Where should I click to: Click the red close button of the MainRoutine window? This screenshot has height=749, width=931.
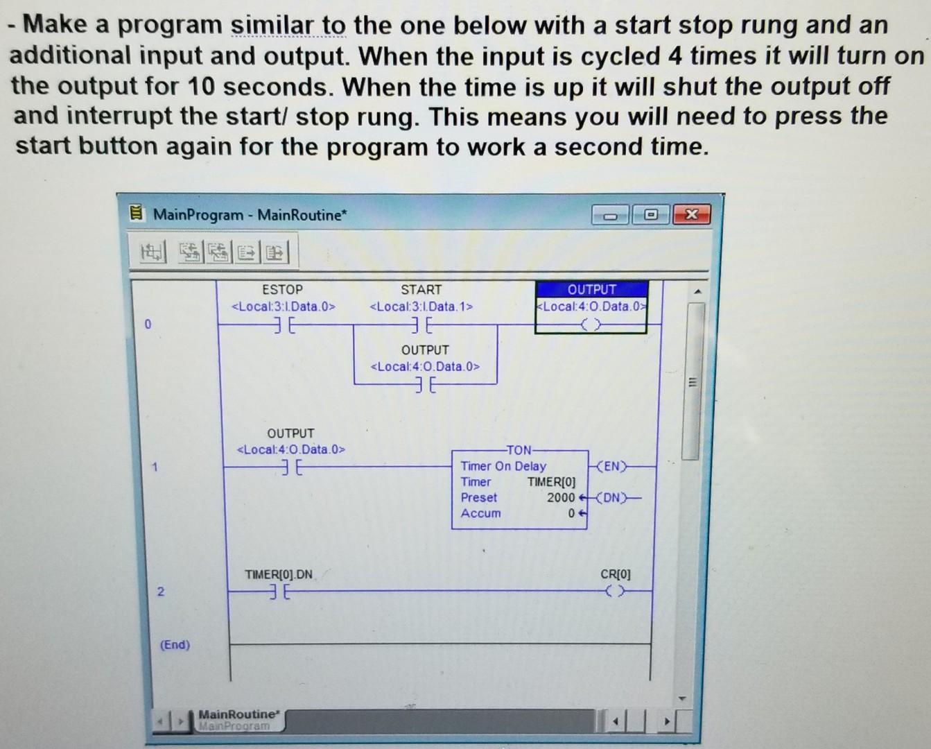pos(691,215)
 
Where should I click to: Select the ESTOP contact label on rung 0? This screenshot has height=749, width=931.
pos(282,290)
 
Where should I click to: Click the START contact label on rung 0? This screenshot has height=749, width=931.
pos(421,290)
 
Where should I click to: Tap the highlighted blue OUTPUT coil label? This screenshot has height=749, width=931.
pos(591,290)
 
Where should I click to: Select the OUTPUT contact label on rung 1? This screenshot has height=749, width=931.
pos(290,433)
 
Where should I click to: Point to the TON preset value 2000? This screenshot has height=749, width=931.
pos(560,497)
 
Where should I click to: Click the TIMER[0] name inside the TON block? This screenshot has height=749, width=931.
pos(551,482)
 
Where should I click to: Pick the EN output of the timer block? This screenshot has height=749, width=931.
pos(611,466)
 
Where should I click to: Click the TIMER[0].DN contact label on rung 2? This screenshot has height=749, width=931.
pos(279,574)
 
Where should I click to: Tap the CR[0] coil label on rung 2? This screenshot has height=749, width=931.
pos(615,574)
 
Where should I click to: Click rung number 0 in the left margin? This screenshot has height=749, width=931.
pos(147,324)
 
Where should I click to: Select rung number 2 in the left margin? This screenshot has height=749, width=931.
pos(160,592)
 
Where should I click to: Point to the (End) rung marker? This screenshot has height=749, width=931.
pos(175,645)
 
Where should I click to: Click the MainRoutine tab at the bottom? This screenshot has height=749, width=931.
pos(238,714)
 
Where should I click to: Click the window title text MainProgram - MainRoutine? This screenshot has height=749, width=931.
pos(248,215)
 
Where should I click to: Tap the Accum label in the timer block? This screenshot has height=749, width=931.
pos(480,513)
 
